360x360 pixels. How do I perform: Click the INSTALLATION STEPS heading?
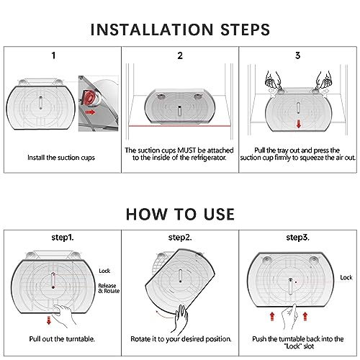point(180,30)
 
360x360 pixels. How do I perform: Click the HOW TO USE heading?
point(180,214)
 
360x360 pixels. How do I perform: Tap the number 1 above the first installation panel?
point(53,55)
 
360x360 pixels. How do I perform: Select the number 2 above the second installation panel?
point(180,55)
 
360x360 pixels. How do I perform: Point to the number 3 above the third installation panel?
point(297,55)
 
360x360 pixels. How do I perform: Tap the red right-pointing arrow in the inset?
point(91,112)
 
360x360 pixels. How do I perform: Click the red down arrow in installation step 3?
point(299,124)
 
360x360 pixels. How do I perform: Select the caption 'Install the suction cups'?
point(61,158)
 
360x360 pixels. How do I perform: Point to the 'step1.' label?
point(63,238)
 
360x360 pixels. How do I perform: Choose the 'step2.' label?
point(180,238)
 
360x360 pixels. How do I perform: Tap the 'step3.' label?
point(297,238)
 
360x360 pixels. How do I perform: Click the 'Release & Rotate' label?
point(109,288)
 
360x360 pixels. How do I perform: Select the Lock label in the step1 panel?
point(104,271)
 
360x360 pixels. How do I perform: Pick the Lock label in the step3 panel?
point(346,277)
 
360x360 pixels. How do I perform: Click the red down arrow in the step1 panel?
point(49,320)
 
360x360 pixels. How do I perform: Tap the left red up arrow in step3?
point(272,316)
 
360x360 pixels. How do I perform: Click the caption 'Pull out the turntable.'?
point(62,339)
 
